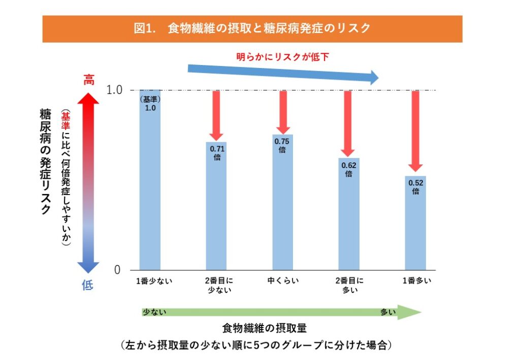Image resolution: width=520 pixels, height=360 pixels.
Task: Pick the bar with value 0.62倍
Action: [x=349, y=214]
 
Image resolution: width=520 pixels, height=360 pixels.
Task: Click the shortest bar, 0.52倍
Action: [x=415, y=223]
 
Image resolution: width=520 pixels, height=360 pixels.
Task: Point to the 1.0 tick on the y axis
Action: [x=114, y=90]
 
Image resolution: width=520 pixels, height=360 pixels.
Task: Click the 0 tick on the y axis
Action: [x=117, y=270]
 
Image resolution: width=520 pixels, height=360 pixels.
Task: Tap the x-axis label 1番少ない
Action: [x=151, y=281]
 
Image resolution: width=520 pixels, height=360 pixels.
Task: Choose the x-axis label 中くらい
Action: [x=282, y=281]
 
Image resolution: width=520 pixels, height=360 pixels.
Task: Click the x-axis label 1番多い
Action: [x=416, y=281]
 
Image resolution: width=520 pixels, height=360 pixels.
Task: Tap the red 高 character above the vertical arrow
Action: [x=89, y=80]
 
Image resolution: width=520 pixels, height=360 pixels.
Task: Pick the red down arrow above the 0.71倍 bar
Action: [x=216, y=115]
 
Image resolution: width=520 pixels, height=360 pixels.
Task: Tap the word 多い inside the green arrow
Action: [x=387, y=312]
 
